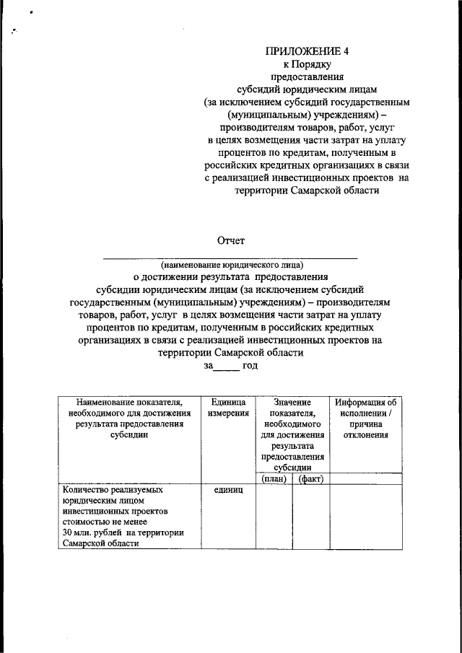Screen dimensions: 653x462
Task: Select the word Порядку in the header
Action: click(x=317, y=63)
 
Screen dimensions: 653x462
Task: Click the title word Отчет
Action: click(x=232, y=240)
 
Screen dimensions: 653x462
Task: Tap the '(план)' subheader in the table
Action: click(x=274, y=478)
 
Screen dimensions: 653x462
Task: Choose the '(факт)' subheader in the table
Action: click(x=310, y=478)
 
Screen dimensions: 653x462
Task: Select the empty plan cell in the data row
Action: click(x=274, y=517)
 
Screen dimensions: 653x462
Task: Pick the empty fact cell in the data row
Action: click(x=310, y=517)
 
